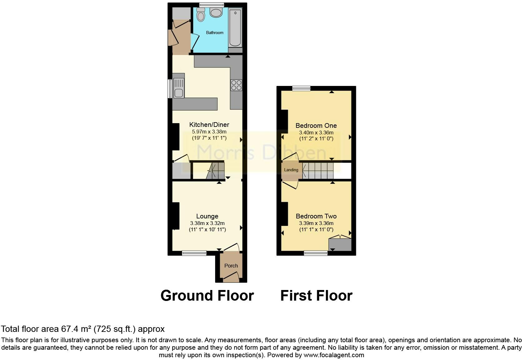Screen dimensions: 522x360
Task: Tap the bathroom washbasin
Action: coord(216,12)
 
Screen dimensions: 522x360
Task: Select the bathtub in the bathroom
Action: coord(235,27)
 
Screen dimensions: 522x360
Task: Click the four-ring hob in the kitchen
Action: coord(236,85)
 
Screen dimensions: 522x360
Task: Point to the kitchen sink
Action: coord(179,88)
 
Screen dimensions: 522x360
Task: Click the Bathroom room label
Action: coord(214,33)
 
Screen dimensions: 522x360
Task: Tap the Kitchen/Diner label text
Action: coord(209,125)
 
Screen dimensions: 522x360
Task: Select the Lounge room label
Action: coord(207,216)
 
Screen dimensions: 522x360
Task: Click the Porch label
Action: coord(231,266)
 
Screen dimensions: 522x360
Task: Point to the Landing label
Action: coord(291,170)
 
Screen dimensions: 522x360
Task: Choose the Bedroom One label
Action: coord(316,126)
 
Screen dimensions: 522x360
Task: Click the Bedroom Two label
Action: coord(316,216)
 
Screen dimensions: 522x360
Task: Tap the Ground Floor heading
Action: coord(207,296)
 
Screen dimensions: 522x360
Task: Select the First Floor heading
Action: coord(316,296)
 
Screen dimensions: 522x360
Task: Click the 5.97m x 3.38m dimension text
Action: coord(209,132)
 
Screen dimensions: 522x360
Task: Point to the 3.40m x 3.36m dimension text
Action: coord(316,132)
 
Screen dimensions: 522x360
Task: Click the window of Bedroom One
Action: coord(301,88)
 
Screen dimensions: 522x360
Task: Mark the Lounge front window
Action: coord(194,253)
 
